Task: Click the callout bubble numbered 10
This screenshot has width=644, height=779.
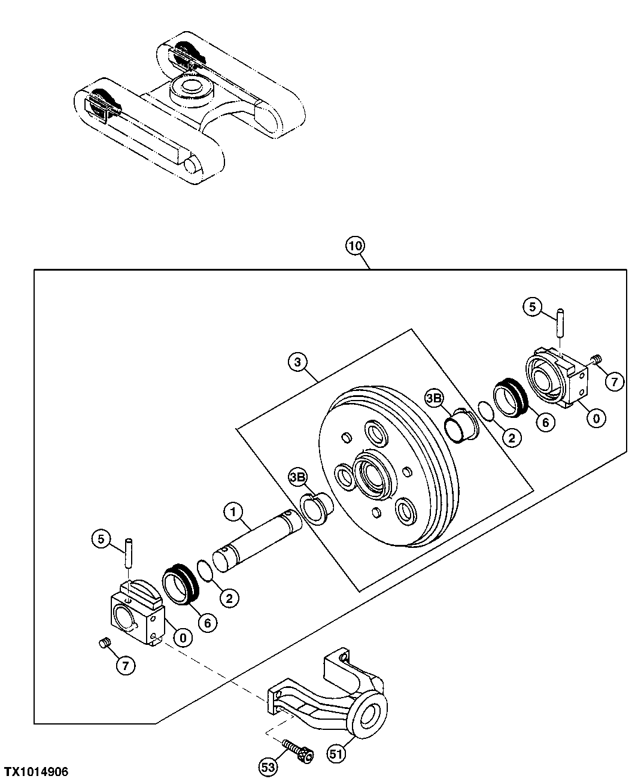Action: coord(355,246)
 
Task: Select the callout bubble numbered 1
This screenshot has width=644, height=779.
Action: coord(233,511)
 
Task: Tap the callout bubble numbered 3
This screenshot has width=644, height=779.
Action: coord(297,362)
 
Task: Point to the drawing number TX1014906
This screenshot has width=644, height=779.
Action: coord(37,771)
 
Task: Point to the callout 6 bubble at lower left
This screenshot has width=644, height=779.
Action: coord(207,623)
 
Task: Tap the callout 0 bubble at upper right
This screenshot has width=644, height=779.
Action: coord(596,419)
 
